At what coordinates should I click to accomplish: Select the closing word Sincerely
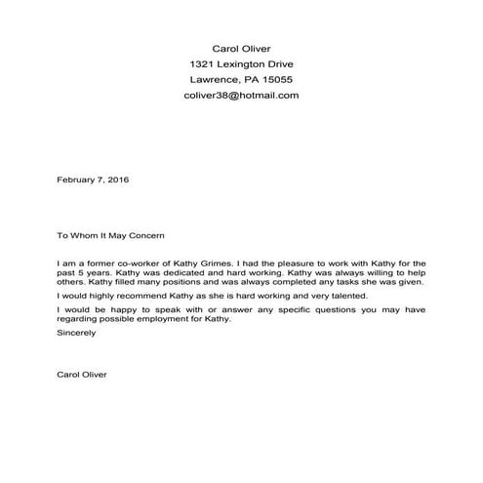click(x=77, y=332)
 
